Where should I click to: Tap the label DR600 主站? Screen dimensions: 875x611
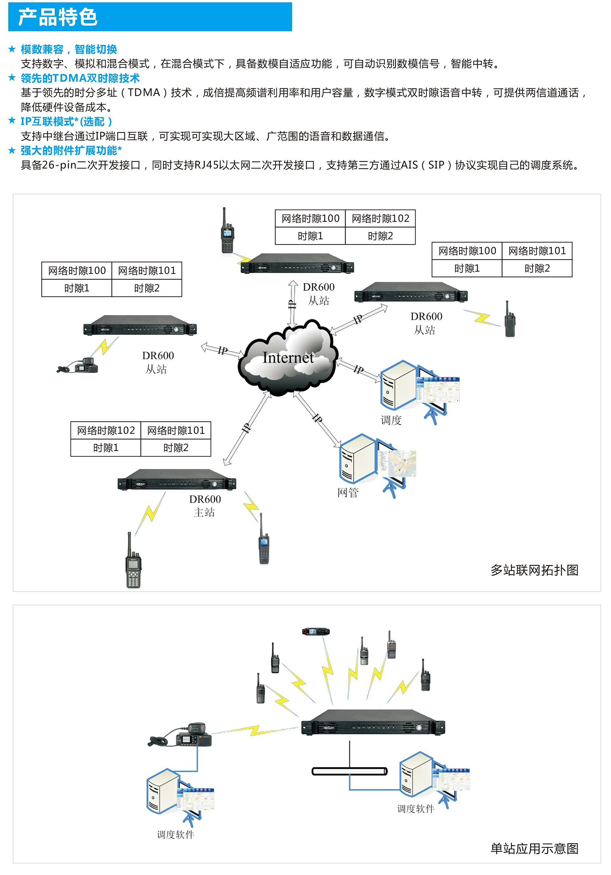coord(205,506)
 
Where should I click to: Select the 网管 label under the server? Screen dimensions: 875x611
coord(348,493)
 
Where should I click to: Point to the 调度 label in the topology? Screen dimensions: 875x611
coord(391,420)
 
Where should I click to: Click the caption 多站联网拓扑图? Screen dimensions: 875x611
coord(534,570)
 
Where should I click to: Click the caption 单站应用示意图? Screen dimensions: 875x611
coord(534,849)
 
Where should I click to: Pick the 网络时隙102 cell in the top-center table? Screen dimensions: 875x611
coord(380,218)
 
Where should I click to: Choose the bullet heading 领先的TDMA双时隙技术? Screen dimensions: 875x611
coord(80,78)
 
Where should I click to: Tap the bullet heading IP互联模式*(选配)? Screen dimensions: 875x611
coord(66,122)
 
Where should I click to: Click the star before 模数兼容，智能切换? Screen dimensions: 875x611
coord(12,49)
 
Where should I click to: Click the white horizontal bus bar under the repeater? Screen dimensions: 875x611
coord(349,771)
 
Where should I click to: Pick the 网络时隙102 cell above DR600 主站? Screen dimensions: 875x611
coord(106,430)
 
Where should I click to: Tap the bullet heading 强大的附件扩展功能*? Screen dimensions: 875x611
coord(71,150)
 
